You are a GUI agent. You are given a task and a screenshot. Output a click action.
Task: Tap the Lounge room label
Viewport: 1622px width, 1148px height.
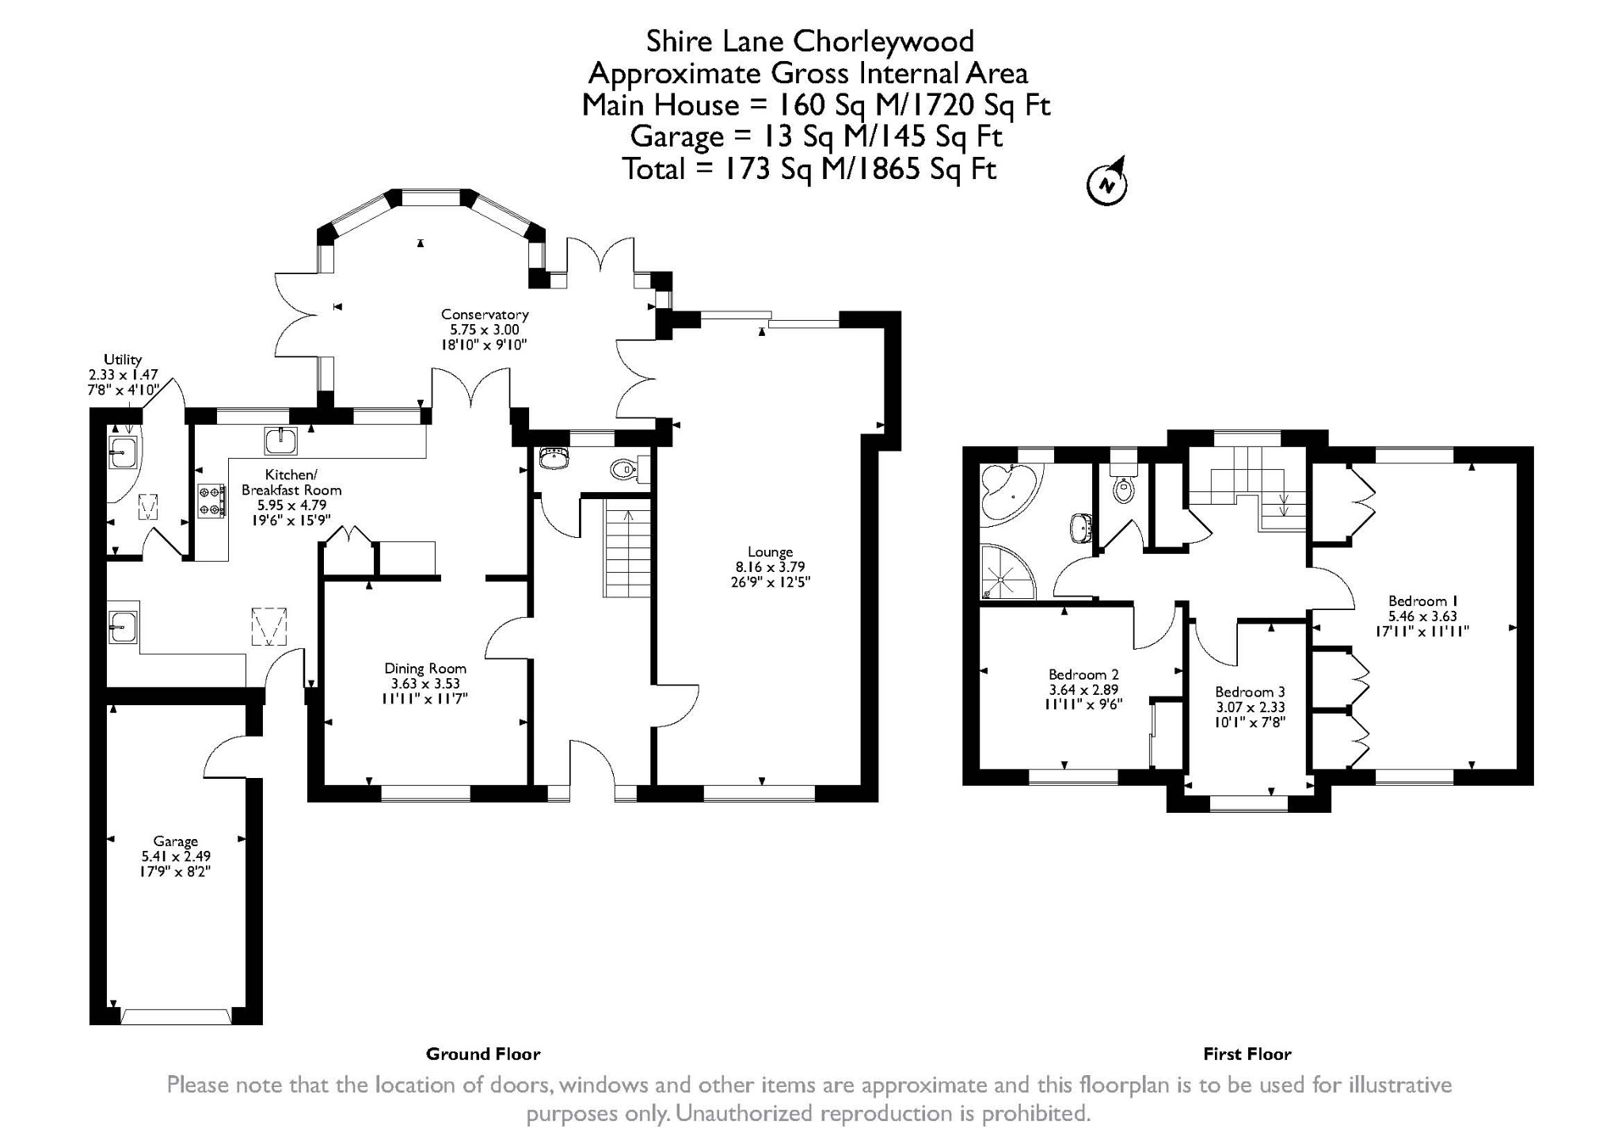tap(770, 552)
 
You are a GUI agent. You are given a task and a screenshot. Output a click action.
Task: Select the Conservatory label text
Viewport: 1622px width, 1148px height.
tap(485, 315)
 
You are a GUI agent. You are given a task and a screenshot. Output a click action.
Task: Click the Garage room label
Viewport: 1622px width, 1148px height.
tap(176, 841)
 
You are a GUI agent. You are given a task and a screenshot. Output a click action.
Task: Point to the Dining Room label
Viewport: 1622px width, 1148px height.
tap(425, 669)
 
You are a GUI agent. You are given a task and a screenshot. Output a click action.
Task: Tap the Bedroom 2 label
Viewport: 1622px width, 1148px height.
tap(1083, 675)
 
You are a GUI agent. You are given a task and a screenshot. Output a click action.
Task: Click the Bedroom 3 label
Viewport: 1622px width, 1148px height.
tap(1250, 692)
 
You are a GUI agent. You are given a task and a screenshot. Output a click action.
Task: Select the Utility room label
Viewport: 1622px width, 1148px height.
tap(123, 360)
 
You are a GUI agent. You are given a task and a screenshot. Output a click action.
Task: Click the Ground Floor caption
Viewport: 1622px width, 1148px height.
tap(483, 1055)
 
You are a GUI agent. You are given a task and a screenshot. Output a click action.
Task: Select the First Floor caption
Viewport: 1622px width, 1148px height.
tap(1247, 1055)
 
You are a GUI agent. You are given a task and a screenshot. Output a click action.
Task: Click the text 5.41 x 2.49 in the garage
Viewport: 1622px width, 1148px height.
tap(176, 856)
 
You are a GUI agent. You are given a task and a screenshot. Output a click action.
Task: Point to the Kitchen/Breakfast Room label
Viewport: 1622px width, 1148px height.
tap(291, 482)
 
